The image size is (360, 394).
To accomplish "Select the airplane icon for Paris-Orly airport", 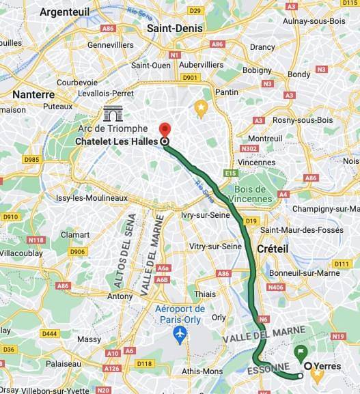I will point(180,335).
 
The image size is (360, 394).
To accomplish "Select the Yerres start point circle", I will point(308,366).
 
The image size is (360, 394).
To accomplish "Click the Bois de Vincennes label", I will point(253,193).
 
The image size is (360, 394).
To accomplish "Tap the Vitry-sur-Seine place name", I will point(216,246).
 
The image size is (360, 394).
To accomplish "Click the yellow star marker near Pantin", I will point(201,107).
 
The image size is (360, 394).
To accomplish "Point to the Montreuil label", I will point(265,138).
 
